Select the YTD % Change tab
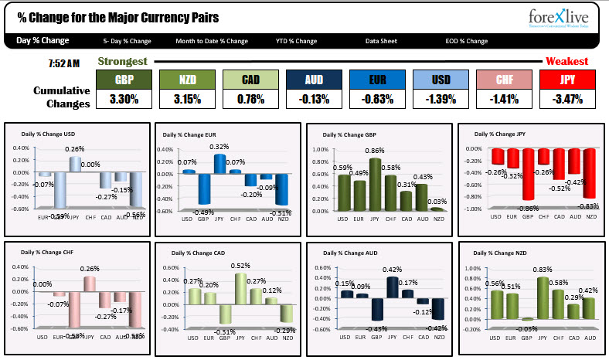pyautogui.click(x=297, y=41)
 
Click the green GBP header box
pyautogui.click(x=124, y=80)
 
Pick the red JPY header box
pyautogui.click(x=568, y=80)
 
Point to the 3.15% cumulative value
pyautogui.click(x=186, y=99)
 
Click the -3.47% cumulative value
pyautogui.click(x=568, y=99)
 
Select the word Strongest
pyautogui.click(x=123, y=61)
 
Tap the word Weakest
pyautogui.click(x=567, y=61)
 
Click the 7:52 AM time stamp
pyautogui.click(x=63, y=62)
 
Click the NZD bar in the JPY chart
pyautogui.click(x=590, y=173)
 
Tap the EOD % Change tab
pyautogui.click(x=467, y=41)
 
